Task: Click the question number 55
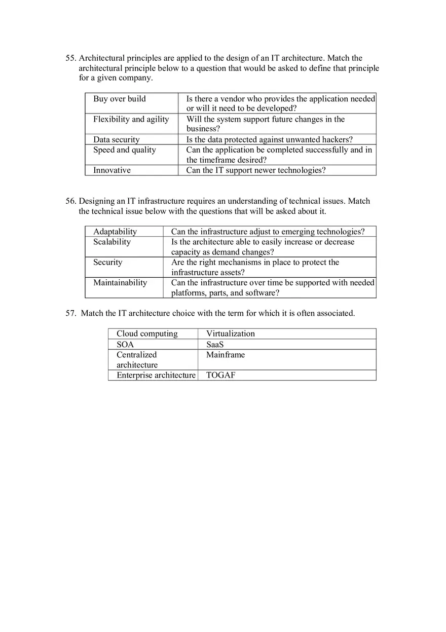70,58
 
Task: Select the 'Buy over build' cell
119,99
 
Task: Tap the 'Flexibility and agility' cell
131,119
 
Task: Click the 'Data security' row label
116,139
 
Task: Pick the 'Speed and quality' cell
124,150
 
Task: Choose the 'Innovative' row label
111,170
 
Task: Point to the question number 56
70,201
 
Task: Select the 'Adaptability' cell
115,232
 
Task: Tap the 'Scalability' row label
111,242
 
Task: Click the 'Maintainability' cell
120,283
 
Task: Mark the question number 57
70,313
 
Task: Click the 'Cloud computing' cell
147,333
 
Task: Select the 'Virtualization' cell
230,333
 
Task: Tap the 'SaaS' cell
215,345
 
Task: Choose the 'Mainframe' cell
225,355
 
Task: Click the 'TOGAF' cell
220,376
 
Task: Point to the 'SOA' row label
125,345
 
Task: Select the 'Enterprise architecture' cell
156,376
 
